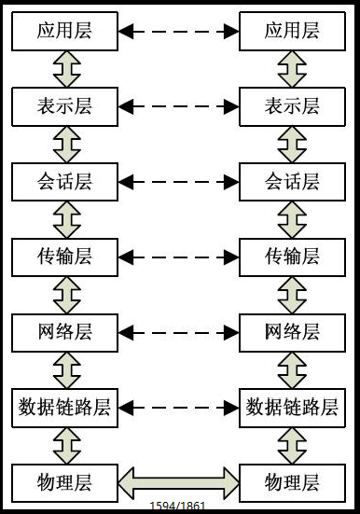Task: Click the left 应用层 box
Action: (x=65, y=31)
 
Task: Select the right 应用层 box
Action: (x=293, y=31)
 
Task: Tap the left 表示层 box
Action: (x=65, y=106)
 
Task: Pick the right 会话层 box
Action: (x=293, y=181)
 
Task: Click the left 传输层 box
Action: (x=65, y=256)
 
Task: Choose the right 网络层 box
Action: (x=293, y=331)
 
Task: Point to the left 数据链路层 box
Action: (x=65, y=407)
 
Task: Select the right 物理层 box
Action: (x=293, y=481)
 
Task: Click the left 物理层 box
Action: (x=65, y=481)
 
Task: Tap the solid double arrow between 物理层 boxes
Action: (x=179, y=481)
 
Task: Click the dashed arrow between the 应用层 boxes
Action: (x=179, y=32)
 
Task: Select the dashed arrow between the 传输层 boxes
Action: (x=179, y=257)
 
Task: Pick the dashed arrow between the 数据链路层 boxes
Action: (x=179, y=407)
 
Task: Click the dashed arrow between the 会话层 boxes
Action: (x=179, y=181)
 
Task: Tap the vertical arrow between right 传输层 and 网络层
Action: (x=293, y=294)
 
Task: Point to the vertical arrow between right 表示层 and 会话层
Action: (x=293, y=144)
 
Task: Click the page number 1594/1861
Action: (x=177, y=507)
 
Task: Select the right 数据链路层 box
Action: (x=293, y=407)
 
